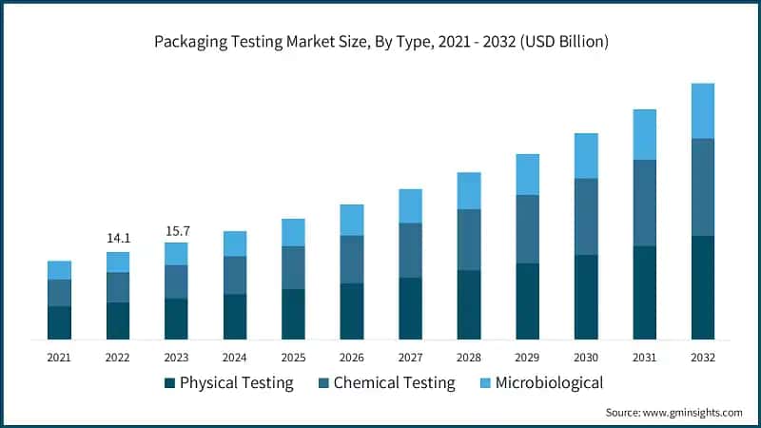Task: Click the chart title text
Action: pos(380,42)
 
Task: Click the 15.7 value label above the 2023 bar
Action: pos(176,230)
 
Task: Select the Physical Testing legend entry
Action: pos(228,383)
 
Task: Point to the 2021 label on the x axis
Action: pos(59,358)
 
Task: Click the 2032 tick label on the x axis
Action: pos(703,358)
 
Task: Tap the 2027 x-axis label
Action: pos(410,358)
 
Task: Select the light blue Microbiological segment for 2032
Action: pos(703,110)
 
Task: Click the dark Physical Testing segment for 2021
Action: pos(59,322)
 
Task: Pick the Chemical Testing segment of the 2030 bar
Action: pos(586,216)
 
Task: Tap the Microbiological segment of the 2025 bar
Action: pos(293,232)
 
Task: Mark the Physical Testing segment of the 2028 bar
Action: pos(469,304)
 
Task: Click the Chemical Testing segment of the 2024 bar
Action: pos(235,275)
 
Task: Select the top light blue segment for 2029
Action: pos(527,174)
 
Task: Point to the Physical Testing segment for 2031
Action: pos(644,292)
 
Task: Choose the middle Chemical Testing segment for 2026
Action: pos(352,259)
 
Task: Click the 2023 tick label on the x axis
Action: pos(176,358)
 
